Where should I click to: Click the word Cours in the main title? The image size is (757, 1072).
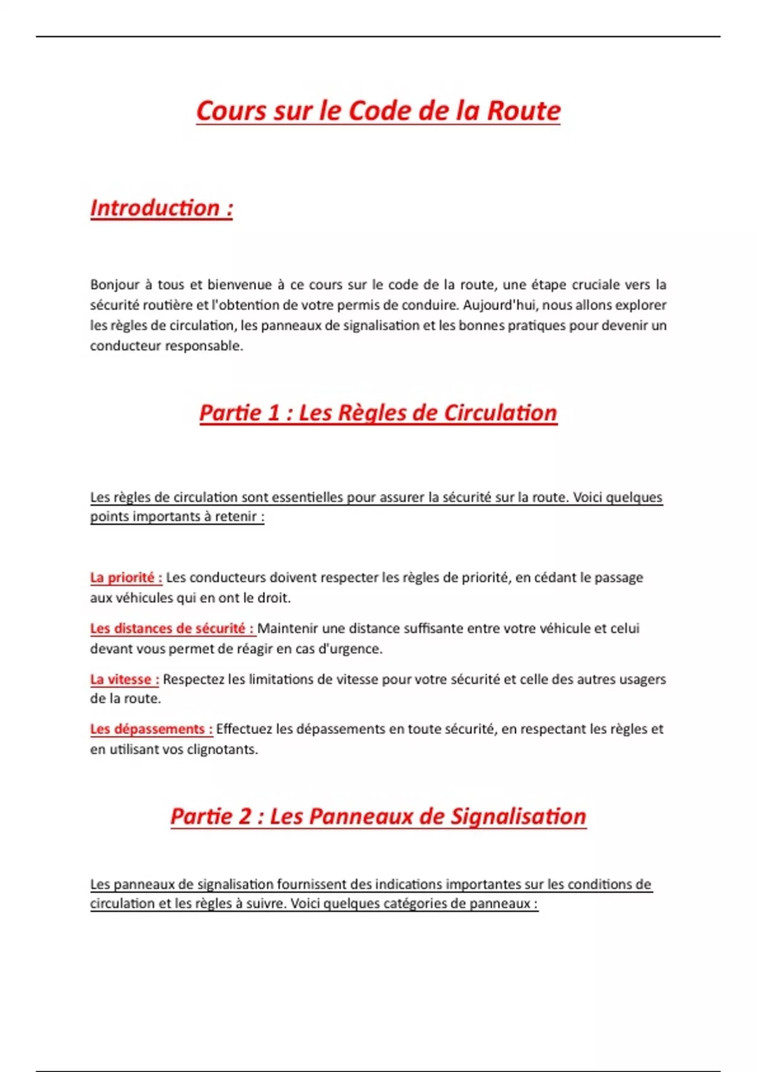pos(232,111)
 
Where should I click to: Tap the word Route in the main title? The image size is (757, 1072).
pos(524,111)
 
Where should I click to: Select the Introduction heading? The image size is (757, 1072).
pos(161,208)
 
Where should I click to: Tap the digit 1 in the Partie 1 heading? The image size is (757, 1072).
pos(273,413)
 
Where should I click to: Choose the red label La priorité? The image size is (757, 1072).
pos(126,578)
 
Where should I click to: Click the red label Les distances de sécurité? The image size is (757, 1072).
pos(172,629)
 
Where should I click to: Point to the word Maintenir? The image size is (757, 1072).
pos(288,629)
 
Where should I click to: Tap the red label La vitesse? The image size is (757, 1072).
pos(124,680)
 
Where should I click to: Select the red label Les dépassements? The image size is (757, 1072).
pos(151,730)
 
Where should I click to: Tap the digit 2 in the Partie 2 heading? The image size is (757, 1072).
pos(245,817)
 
